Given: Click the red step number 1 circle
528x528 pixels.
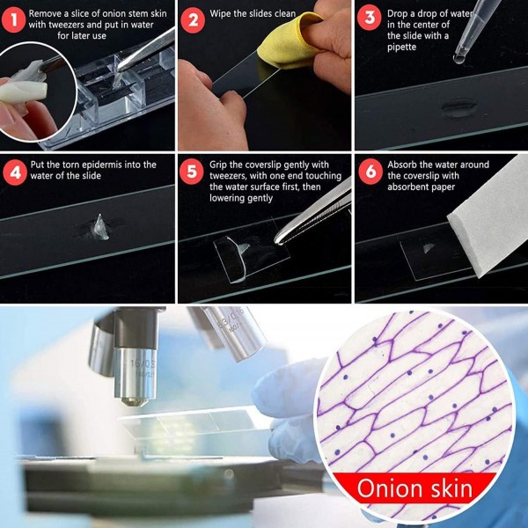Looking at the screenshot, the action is click(13, 20).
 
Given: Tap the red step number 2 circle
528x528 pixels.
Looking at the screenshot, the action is click(193, 20).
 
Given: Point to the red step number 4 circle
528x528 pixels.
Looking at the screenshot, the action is click(15, 172).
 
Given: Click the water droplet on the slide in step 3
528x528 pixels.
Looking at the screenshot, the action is click(459, 107).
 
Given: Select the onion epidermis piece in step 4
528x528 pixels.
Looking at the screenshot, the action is click(100, 228).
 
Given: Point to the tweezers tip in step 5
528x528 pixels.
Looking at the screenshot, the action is click(278, 239).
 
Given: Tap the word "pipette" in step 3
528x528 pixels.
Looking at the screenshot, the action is click(401, 47).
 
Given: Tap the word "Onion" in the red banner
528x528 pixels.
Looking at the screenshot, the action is click(389, 488).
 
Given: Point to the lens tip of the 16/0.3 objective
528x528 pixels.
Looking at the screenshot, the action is click(135, 401).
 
